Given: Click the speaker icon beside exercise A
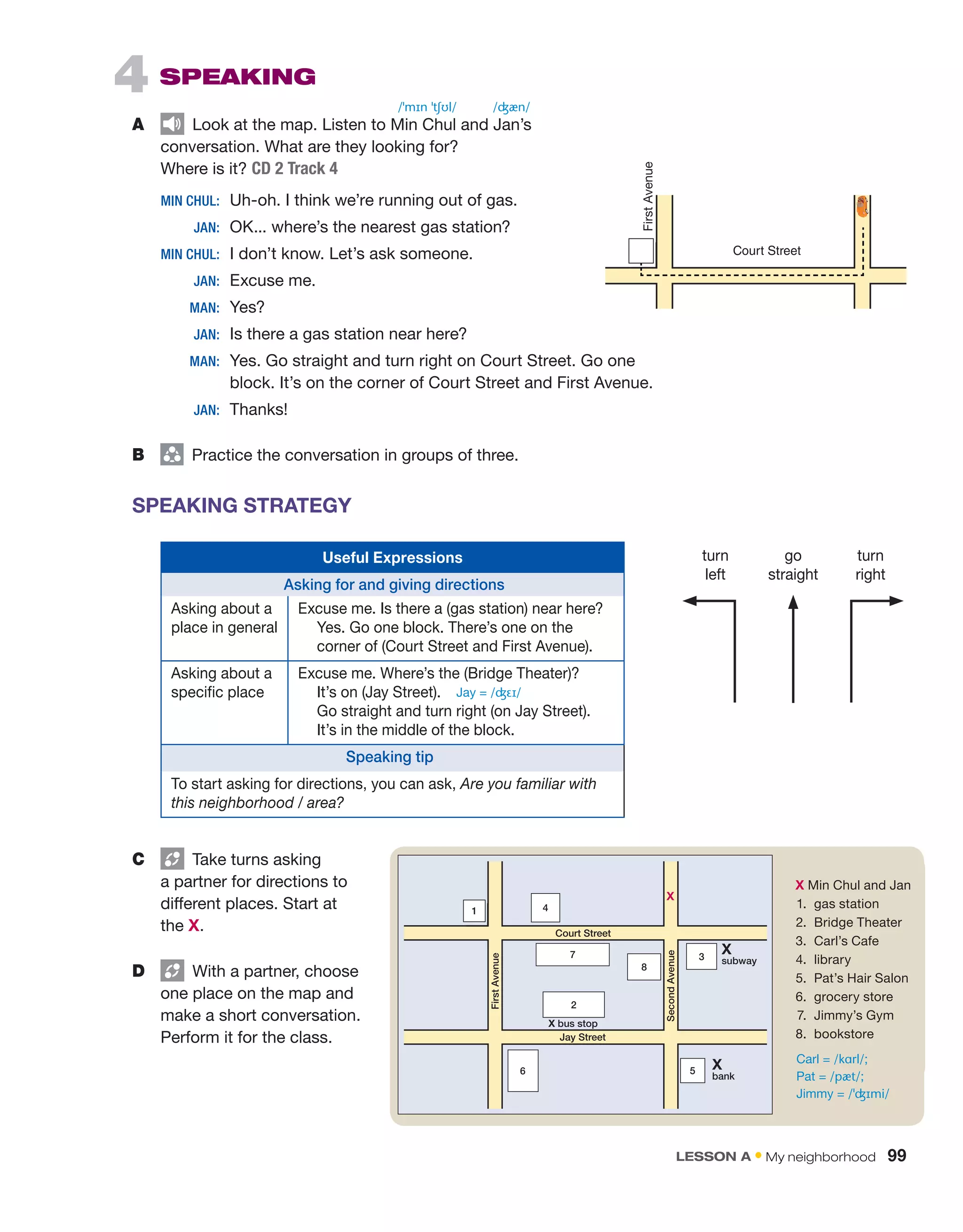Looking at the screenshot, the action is coord(172,124).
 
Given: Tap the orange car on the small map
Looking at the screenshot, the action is coord(862,206).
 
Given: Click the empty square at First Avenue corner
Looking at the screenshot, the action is coord(641,251).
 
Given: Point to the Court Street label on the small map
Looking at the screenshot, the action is coord(766,251).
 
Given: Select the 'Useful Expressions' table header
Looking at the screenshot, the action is coord(393,557).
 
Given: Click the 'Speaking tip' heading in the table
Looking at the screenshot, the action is coord(390,757).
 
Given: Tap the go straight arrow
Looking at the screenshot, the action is coord(793,649).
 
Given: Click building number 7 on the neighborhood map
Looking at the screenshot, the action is coord(573,955).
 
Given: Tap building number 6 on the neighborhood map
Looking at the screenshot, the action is coord(523,1071).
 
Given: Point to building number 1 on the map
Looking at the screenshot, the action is coord(474,910).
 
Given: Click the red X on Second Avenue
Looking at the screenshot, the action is coord(670,896).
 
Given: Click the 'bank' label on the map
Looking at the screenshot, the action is coord(723,1076).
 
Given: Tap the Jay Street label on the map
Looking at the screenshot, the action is coord(583,1037).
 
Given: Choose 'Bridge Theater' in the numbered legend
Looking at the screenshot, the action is coord(858,922).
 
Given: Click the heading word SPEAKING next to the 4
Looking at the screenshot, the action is coord(237,77).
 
